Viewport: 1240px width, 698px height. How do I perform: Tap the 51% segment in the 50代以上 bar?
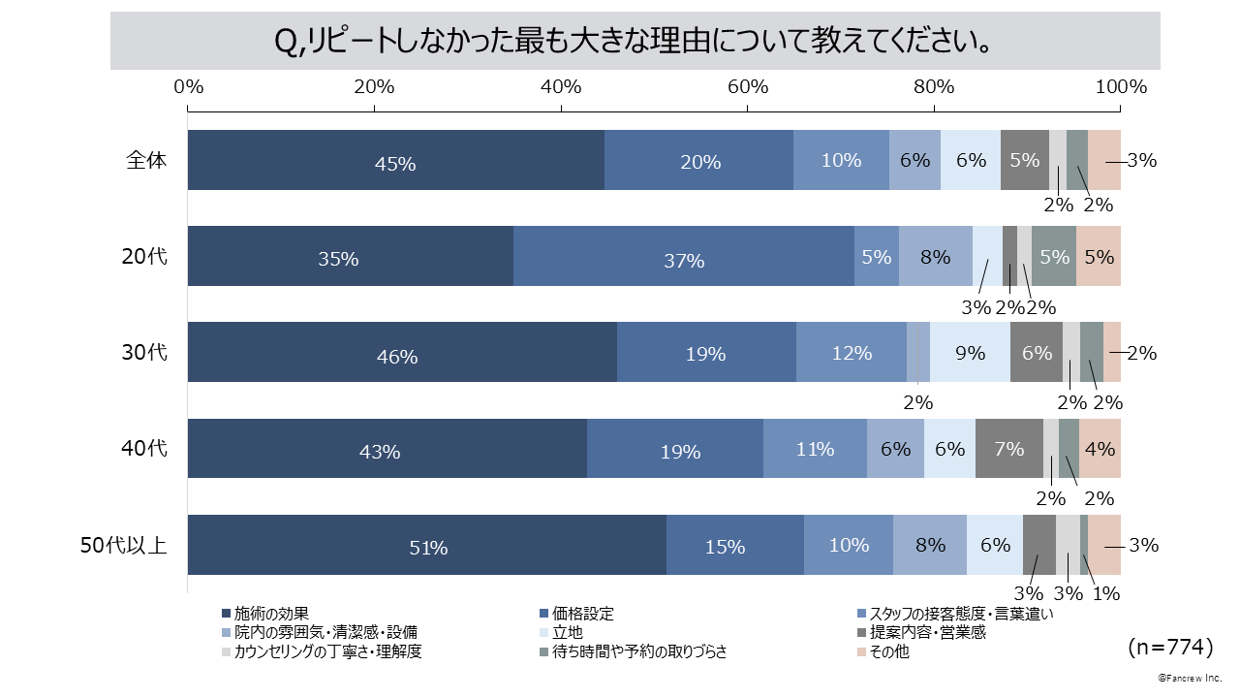point(427,546)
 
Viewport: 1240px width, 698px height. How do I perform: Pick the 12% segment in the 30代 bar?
point(851,353)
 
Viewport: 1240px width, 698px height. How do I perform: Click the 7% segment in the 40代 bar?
point(1008,449)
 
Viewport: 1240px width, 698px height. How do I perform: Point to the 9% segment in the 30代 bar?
point(970,353)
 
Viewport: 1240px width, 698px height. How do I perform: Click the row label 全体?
point(146,160)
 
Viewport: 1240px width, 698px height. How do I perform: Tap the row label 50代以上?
point(123,545)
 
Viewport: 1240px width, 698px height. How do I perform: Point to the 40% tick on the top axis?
point(561,86)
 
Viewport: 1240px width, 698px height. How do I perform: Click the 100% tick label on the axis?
point(1121,86)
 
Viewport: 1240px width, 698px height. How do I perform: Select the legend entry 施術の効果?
point(271,614)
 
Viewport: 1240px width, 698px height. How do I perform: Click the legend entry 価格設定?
point(582,614)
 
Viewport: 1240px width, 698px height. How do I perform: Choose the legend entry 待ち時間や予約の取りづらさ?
point(639,652)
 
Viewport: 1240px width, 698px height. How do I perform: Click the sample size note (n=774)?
point(1170,646)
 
